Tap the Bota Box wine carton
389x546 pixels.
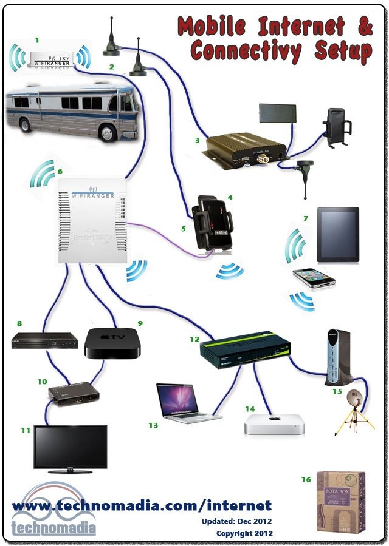click(x=341, y=501)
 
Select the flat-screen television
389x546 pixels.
click(x=70, y=448)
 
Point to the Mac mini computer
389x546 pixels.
click(x=274, y=423)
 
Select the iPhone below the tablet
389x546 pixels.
click(x=314, y=278)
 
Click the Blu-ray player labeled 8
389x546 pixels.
click(x=45, y=341)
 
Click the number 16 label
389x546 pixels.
click(x=306, y=480)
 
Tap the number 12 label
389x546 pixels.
click(x=194, y=339)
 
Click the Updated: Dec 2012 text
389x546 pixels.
click(x=237, y=521)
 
